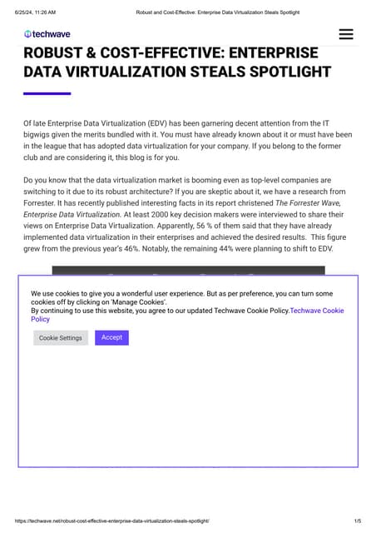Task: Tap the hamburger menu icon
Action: click(346, 34)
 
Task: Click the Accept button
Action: click(111, 337)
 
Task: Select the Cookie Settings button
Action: click(61, 338)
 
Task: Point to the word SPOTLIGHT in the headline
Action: click(289, 72)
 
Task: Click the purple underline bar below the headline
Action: click(47, 93)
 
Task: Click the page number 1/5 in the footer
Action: click(357, 521)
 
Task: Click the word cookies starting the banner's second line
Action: click(45, 301)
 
